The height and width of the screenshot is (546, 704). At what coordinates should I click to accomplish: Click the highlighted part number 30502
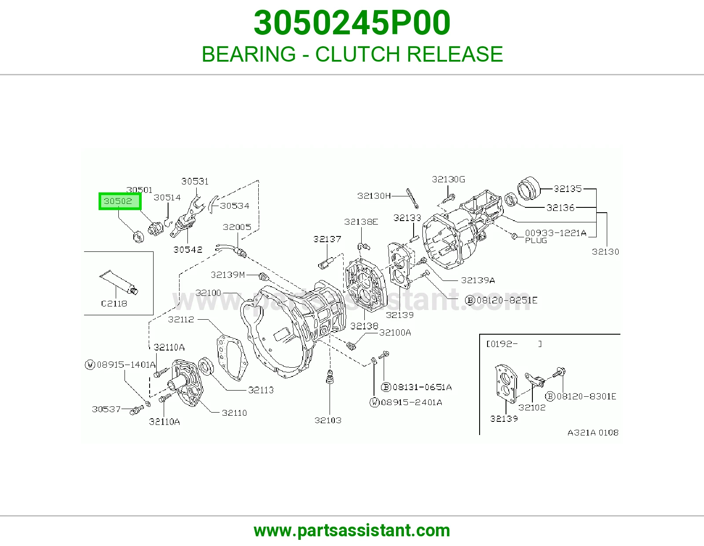[x=118, y=201]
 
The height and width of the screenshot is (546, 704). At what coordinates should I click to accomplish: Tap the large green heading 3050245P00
[x=352, y=23]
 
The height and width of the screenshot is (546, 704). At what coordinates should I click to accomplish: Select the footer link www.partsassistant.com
[x=352, y=531]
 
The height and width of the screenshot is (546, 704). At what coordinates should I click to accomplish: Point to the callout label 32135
[x=568, y=189]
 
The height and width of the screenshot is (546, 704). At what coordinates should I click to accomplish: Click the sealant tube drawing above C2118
[x=118, y=282]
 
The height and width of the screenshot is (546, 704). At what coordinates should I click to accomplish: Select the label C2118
[x=114, y=303]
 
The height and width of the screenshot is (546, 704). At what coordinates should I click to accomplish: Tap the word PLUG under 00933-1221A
[x=536, y=240]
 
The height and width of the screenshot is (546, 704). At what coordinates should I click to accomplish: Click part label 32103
[x=328, y=420]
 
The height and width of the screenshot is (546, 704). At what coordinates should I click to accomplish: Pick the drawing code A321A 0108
[x=593, y=432]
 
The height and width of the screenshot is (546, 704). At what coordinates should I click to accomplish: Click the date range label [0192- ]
[x=514, y=344]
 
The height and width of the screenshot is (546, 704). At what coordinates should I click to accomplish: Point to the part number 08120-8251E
[x=507, y=300]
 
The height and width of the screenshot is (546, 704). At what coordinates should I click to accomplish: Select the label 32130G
[x=448, y=179]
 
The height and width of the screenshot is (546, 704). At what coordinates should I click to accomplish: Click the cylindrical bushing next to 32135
[x=529, y=188]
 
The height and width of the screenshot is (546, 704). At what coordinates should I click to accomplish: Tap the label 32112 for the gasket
[x=181, y=319]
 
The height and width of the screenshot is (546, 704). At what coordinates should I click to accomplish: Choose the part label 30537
[x=106, y=409]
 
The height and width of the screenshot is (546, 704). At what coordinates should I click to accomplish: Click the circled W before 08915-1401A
[x=90, y=365]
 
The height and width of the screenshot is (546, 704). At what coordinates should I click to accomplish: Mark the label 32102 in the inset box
[x=532, y=407]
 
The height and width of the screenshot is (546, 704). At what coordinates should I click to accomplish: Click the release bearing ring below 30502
[x=139, y=237]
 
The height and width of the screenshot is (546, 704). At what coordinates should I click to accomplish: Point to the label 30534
[x=235, y=206]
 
